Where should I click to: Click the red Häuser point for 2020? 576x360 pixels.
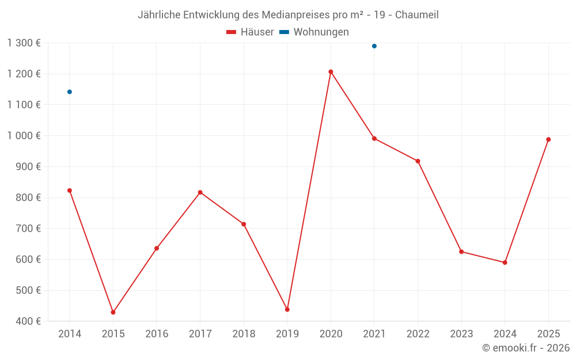[331, 72]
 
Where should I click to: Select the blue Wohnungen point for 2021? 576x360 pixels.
[374, 46]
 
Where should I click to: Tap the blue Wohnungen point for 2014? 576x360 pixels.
[70, 92]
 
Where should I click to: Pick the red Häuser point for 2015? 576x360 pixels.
[113, 312]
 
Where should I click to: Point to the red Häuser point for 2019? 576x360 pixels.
[287, 309]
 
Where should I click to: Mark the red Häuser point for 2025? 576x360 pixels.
[548, 139]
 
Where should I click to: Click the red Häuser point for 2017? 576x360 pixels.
[200, 192]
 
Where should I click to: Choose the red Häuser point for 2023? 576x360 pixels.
[461, 252]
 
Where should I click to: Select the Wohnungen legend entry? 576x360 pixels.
[321, 32]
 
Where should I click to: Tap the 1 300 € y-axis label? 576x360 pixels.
[24, 43]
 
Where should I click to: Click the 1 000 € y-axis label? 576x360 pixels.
[24, 135]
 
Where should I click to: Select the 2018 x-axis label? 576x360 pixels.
[244, 334]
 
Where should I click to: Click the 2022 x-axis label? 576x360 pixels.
[418, 334]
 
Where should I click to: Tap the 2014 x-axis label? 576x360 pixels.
[70, 334]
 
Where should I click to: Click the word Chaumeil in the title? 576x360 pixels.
[416, 15]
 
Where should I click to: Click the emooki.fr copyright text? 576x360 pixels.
[526, 348]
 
